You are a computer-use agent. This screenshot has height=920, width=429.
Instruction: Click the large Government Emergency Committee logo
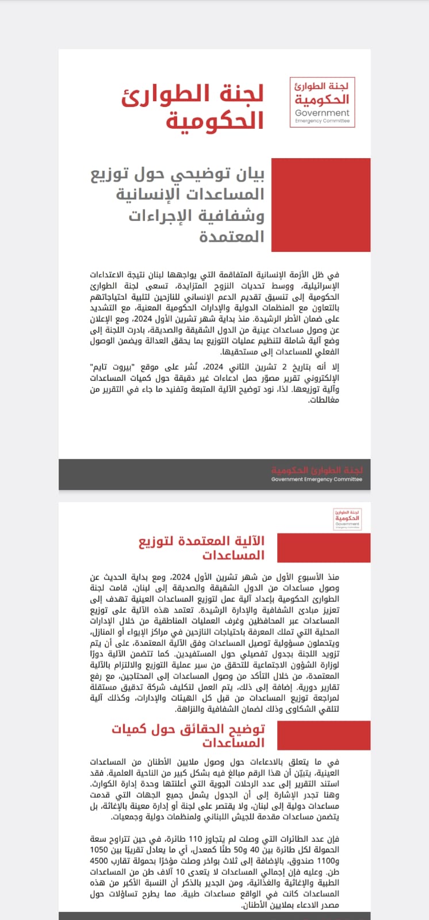(322, 102)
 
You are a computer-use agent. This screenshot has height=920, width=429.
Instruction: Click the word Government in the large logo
(322, 113)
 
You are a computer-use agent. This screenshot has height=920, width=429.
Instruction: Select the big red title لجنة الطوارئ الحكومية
(216, 106)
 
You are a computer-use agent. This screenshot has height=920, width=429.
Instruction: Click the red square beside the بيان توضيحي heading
(320, 205)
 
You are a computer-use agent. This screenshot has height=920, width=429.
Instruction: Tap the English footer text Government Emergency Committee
(317, 479)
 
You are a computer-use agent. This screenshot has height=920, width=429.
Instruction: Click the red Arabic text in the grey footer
(317, 470)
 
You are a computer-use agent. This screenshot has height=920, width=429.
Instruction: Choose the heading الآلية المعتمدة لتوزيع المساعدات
(201, 548)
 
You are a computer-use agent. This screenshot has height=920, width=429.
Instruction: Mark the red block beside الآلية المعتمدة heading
(324, 548)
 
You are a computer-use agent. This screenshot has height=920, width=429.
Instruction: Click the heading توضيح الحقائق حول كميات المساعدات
(189, 735)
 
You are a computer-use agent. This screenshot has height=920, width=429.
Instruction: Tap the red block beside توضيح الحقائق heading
(324, 735)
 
